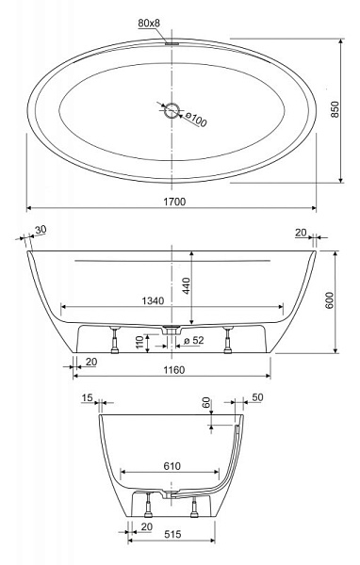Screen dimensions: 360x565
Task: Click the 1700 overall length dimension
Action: (174, 202)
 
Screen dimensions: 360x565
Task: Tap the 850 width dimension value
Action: (335, 109)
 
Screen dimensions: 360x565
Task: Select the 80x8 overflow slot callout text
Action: (149, 24)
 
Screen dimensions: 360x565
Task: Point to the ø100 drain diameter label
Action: (196, 120)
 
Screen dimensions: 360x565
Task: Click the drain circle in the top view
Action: (172, 110)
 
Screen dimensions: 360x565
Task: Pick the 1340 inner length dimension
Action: (153, 300)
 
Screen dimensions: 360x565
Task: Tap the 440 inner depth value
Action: (187, 285)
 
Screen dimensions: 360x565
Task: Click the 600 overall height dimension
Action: (330, 300)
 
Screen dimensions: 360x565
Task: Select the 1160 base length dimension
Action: (174, 370)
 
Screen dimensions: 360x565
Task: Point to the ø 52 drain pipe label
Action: (194, 340)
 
